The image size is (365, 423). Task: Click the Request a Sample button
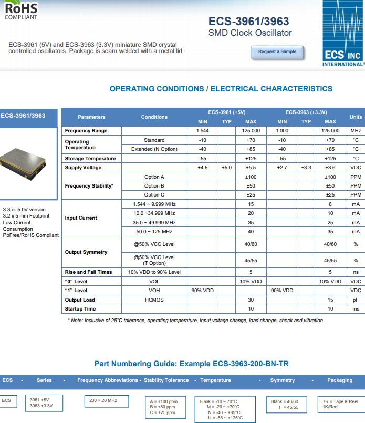277,52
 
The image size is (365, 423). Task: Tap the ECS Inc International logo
342,34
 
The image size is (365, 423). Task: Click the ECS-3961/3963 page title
248,22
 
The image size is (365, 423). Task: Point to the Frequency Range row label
86,131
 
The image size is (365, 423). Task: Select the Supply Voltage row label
83,168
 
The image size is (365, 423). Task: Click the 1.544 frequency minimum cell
202,131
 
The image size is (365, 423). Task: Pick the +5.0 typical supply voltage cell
226,168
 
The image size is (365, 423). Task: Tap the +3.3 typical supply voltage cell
306,168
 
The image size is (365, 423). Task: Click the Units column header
356,117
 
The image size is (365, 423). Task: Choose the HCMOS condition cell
154,300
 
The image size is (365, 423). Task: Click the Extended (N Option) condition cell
154,149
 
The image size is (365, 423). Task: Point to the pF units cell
356,300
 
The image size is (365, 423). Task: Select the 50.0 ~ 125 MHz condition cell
154,232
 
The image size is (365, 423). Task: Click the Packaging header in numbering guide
340,380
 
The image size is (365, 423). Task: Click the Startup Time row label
80,309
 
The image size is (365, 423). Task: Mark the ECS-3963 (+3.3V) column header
306,112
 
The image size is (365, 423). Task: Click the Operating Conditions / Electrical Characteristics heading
221,89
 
